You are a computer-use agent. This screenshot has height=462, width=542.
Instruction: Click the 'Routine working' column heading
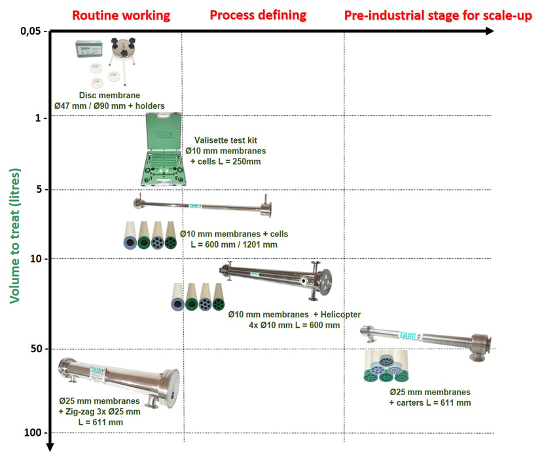tap(121, 15)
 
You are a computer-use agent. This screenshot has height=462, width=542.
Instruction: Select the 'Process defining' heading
tap(257, 15)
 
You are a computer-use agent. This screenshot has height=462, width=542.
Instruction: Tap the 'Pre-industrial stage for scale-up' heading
tap(438, 15)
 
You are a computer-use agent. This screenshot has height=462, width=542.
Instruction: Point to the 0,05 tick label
tap(34, 31)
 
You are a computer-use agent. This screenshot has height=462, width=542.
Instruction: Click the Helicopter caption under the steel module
tap(294, 320)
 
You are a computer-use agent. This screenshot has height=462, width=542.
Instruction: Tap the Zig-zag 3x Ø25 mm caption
tap(99, 412)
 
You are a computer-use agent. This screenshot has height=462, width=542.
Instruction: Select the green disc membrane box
tap(90, 49)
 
